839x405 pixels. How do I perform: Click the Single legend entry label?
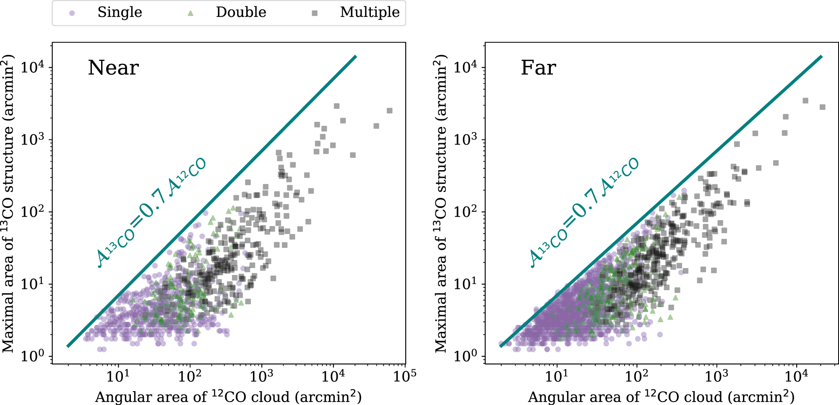pos(120,12)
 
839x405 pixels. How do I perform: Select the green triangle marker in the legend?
pos(191,13)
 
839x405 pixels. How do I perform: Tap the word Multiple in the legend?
pos(370,12)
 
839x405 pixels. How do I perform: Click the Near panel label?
pos(113,68)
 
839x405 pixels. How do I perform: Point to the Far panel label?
pos(538,68)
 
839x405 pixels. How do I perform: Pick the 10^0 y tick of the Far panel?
pos(466,356)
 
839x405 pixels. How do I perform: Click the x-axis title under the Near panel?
pos(228,397)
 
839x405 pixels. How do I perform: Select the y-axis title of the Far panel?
pos(440,203)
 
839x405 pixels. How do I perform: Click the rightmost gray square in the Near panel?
pos(389,110)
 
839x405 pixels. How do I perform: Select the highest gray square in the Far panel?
pos(805,101)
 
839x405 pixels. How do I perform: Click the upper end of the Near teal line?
pos(356,56)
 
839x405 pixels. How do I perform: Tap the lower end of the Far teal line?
pos(500,346)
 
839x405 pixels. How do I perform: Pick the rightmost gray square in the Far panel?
pos(823,107)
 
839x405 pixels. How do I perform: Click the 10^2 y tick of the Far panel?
pos(466,212)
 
